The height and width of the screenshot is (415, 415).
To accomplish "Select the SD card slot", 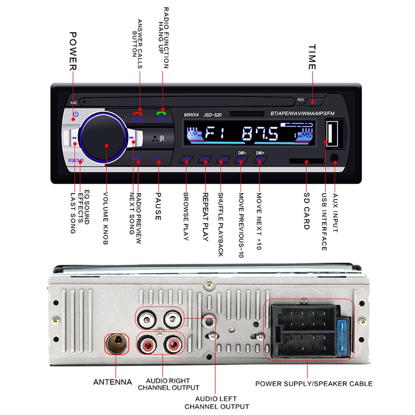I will (306, 161).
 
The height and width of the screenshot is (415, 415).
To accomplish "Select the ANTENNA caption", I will (113, 382).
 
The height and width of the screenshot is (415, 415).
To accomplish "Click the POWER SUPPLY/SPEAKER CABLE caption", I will (313, 383).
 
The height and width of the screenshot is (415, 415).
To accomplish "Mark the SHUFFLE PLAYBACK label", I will (221, 224).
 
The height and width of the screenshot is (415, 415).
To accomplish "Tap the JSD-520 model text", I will (212, 116).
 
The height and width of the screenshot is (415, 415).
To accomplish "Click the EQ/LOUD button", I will (75, 160).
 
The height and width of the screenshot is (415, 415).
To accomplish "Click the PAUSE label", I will (158, 205).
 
